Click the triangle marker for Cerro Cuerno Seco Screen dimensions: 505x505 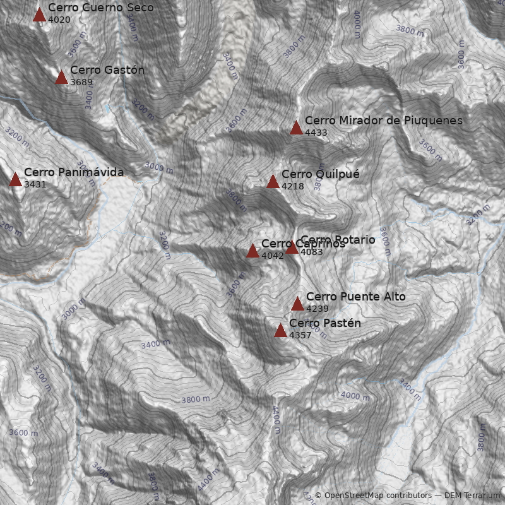pyautogui.click(x=40, y=15)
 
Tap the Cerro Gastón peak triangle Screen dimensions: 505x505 pyautogui.click(x=61, y=77)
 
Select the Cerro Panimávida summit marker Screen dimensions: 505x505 pyautogui.click(x=15, y=179)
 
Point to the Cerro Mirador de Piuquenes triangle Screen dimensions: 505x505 pyautogui.click(x=296, y=128)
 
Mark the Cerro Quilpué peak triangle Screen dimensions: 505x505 pyautogui.click(x=273, y=182)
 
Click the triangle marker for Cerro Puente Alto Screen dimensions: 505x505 pyautogui.click(x=297, y=304)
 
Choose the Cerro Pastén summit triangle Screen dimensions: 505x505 pyautogui.click(x=280, y=330)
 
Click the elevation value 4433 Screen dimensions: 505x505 pyautogui.click(x=316, y=133)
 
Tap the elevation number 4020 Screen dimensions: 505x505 pyautogui.click(x=59, y=20)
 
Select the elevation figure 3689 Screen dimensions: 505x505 pyautogui.click(x=81, y=82)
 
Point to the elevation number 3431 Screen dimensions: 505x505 pyautogui.click(x=35, y=184)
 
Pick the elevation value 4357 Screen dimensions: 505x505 pyautogui.click(x=300, y=335)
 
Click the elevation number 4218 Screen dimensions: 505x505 pyautogui.click(x=293, y=187)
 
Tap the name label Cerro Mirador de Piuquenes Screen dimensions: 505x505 pyautogui.click(x=384, y=121)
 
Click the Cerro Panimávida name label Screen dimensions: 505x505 pyautogui.click(x=74, y=172)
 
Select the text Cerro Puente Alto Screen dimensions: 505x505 pyautogui.click(x=356, y=297)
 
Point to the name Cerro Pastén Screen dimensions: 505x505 pyautogui.click(x=325, y=323)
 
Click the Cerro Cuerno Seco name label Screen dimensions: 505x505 pyautogui.click(x=100, y=8)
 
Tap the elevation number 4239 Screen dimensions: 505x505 pyautogui.click(x=318, y=309)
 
